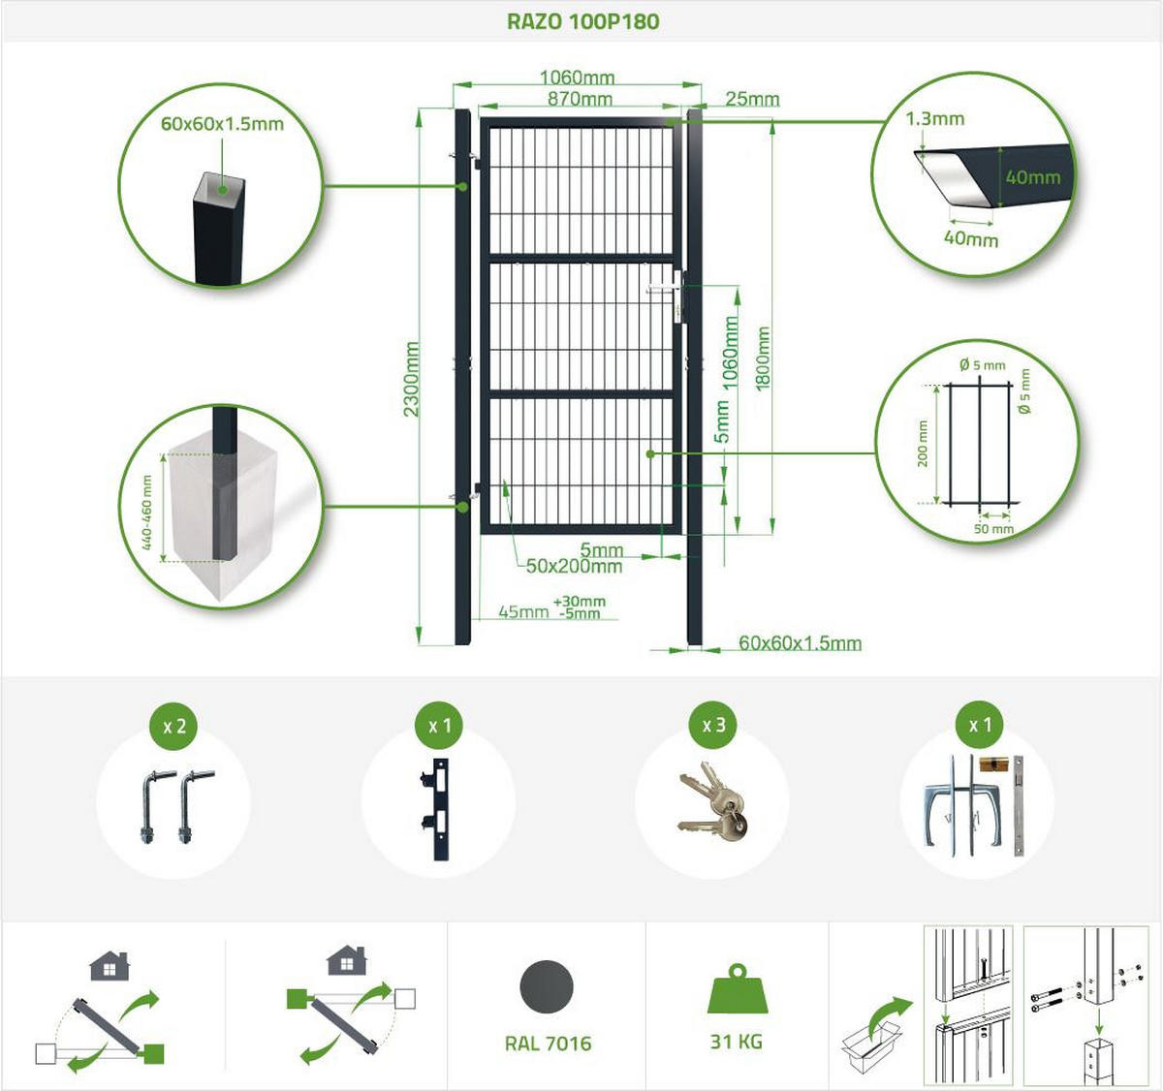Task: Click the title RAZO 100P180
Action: (582, 21)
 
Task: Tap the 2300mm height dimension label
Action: (412, 379)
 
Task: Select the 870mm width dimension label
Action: (580, 99)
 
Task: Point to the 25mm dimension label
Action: (752, 99)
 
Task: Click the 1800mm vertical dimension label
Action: (763, 358)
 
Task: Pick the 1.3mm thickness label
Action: (934, 119)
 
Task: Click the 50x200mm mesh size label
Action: (574, 566)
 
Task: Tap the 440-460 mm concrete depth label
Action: (146, 513)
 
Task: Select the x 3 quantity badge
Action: (713, 726)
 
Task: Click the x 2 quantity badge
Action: (174, 726)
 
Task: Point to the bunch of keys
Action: (712, 801)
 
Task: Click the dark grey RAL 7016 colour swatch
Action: (547, 988)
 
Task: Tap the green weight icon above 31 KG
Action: (738, 988)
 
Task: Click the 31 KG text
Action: (737, 1042)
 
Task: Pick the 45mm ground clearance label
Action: (523, 611)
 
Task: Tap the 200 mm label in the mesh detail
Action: (923, 444)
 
